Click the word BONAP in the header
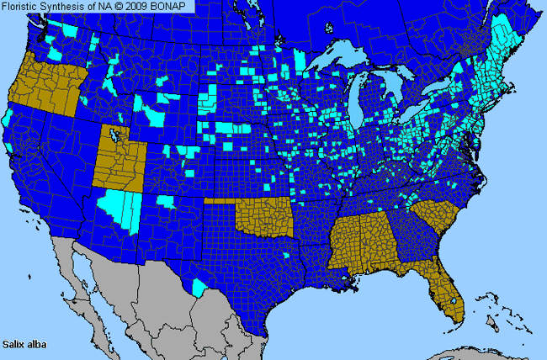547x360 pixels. [174, 6]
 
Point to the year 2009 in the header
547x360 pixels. [143, 6]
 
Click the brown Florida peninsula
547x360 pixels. [447, 286]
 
